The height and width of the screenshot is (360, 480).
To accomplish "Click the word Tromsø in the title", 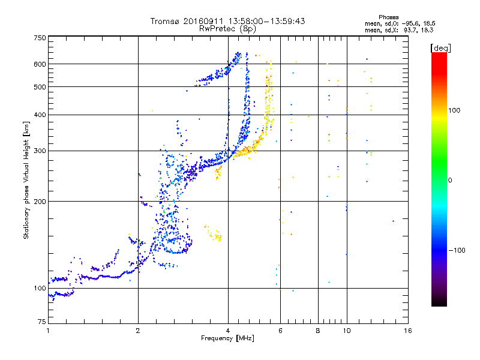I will coord(165,21).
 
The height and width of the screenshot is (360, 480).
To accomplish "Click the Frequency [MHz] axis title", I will coord(227,339).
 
